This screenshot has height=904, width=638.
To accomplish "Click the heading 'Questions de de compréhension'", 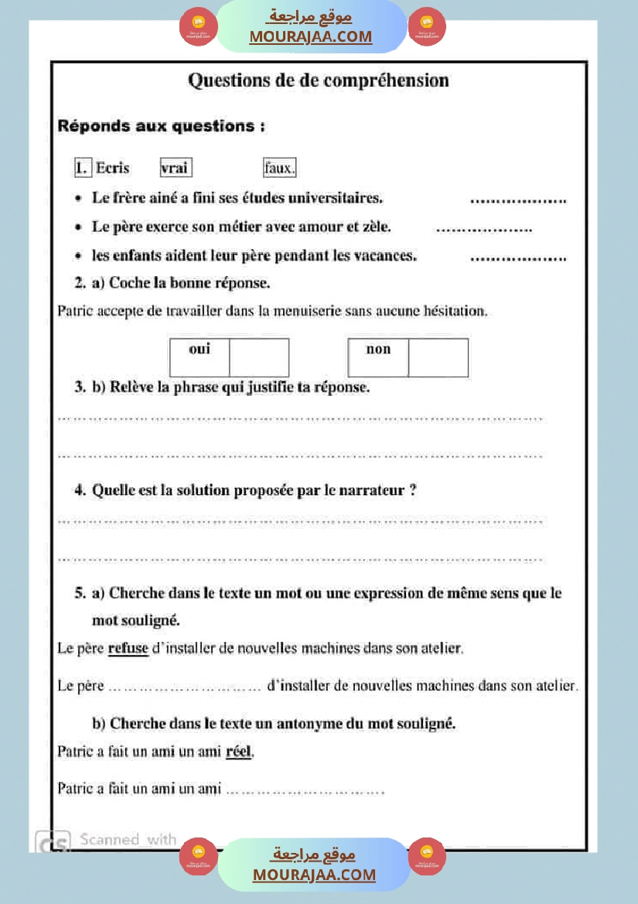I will point(318,80).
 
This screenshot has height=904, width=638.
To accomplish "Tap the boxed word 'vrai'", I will point(176,168).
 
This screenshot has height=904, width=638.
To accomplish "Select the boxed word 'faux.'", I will point(279,168).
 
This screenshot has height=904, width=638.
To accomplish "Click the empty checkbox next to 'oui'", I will point(259,357).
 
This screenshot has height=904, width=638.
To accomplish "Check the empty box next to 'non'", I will point(438,357).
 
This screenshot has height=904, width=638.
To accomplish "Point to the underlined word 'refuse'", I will point(128,648).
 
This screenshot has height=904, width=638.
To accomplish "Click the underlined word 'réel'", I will point(239,751).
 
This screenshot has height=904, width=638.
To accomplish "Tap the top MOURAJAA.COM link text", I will point(310,36).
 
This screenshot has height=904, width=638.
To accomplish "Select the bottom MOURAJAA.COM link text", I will point(314,875).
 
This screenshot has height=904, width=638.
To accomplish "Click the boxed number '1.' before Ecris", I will point(83,168).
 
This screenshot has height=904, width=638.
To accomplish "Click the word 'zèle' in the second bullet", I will point(374,227).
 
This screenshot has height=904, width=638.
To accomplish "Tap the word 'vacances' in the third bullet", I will point(384,256).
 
